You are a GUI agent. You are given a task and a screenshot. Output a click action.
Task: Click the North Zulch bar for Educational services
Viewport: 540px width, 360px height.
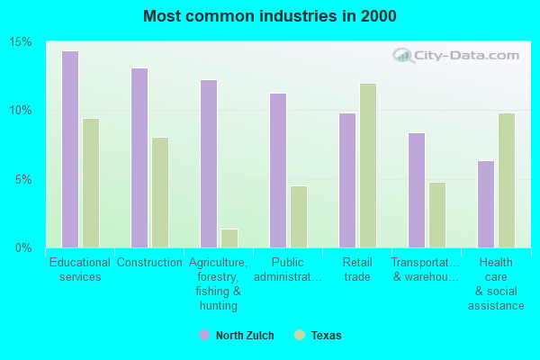(x=70, y=148)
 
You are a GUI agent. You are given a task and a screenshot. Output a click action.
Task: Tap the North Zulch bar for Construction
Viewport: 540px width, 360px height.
(x=139, y=157)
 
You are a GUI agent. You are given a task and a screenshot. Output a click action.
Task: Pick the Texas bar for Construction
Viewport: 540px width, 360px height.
(x=160, y=192)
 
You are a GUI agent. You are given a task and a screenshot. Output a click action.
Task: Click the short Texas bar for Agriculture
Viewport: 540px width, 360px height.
(x=229, y=238)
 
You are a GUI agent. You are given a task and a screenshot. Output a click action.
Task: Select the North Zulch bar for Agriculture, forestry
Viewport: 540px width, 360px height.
(x=209, y=163)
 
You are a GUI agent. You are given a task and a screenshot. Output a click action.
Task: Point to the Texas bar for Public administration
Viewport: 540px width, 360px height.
(x=299, y=216)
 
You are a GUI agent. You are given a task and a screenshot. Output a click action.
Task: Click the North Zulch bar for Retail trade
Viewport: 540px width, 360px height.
(x=347, y=180)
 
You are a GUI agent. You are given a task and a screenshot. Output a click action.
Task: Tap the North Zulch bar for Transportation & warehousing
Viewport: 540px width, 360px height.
(x=417, y=190)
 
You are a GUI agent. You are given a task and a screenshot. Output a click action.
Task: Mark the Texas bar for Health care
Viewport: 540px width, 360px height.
(x=507, y=180)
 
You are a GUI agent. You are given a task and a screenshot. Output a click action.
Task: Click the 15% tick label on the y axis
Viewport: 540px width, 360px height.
(x=21, y=42)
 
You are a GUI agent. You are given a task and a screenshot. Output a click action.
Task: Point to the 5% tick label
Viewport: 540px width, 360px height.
(x=24, y=179)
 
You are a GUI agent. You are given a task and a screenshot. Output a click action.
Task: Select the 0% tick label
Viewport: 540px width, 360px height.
(x=24, y=247)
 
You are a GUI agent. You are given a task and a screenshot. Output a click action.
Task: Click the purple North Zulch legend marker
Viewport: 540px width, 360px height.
(x=203, y=336)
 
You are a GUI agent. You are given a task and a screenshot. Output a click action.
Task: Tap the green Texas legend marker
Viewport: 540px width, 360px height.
(x=300, y=336)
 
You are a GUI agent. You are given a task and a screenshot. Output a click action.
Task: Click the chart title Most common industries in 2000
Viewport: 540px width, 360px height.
(x=269, y=16)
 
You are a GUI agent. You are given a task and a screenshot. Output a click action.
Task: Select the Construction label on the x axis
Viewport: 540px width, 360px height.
(x=149, y=263)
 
